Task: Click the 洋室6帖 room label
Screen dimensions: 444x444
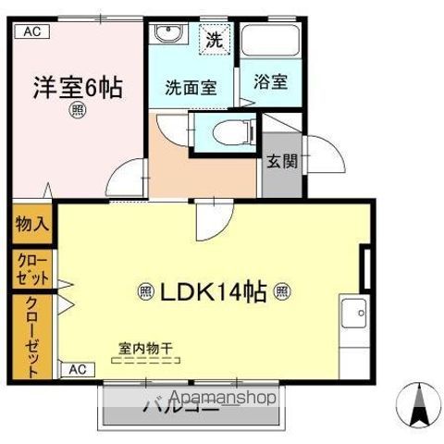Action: point(78,87)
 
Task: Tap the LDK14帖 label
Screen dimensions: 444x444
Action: point(215,292)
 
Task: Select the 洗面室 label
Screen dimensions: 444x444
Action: point(191,88)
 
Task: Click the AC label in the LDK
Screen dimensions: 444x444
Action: point(79,369)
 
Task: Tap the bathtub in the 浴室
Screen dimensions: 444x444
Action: point(271,42)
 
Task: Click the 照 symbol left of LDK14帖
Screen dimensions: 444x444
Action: point(146,292)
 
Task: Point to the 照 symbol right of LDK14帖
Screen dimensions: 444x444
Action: point(282,292)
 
